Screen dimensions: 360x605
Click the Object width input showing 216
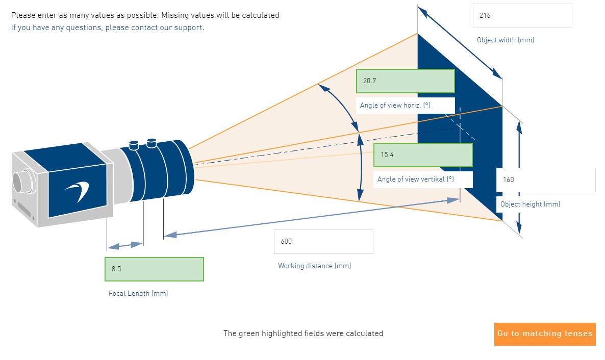[522, 16]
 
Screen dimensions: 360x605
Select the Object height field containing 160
[545, 180]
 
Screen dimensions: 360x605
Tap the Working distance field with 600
[323, 242]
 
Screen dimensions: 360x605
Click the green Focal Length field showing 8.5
[154, 269]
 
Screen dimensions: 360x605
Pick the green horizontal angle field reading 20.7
[405, 81]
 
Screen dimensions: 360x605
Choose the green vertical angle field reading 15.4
[423, 155]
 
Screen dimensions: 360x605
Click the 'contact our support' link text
[167, 28]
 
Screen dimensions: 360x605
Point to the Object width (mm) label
[505, 40]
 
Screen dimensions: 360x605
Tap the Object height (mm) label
[530, 204]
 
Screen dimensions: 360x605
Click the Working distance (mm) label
[314, 266]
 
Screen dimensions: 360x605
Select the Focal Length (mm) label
[138, 294]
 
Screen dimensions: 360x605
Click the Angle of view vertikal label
[415, 179]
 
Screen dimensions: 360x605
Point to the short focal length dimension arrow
[124, 245]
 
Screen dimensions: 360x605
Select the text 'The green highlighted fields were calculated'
[303, 333]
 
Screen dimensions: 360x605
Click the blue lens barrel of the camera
[156, 171]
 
